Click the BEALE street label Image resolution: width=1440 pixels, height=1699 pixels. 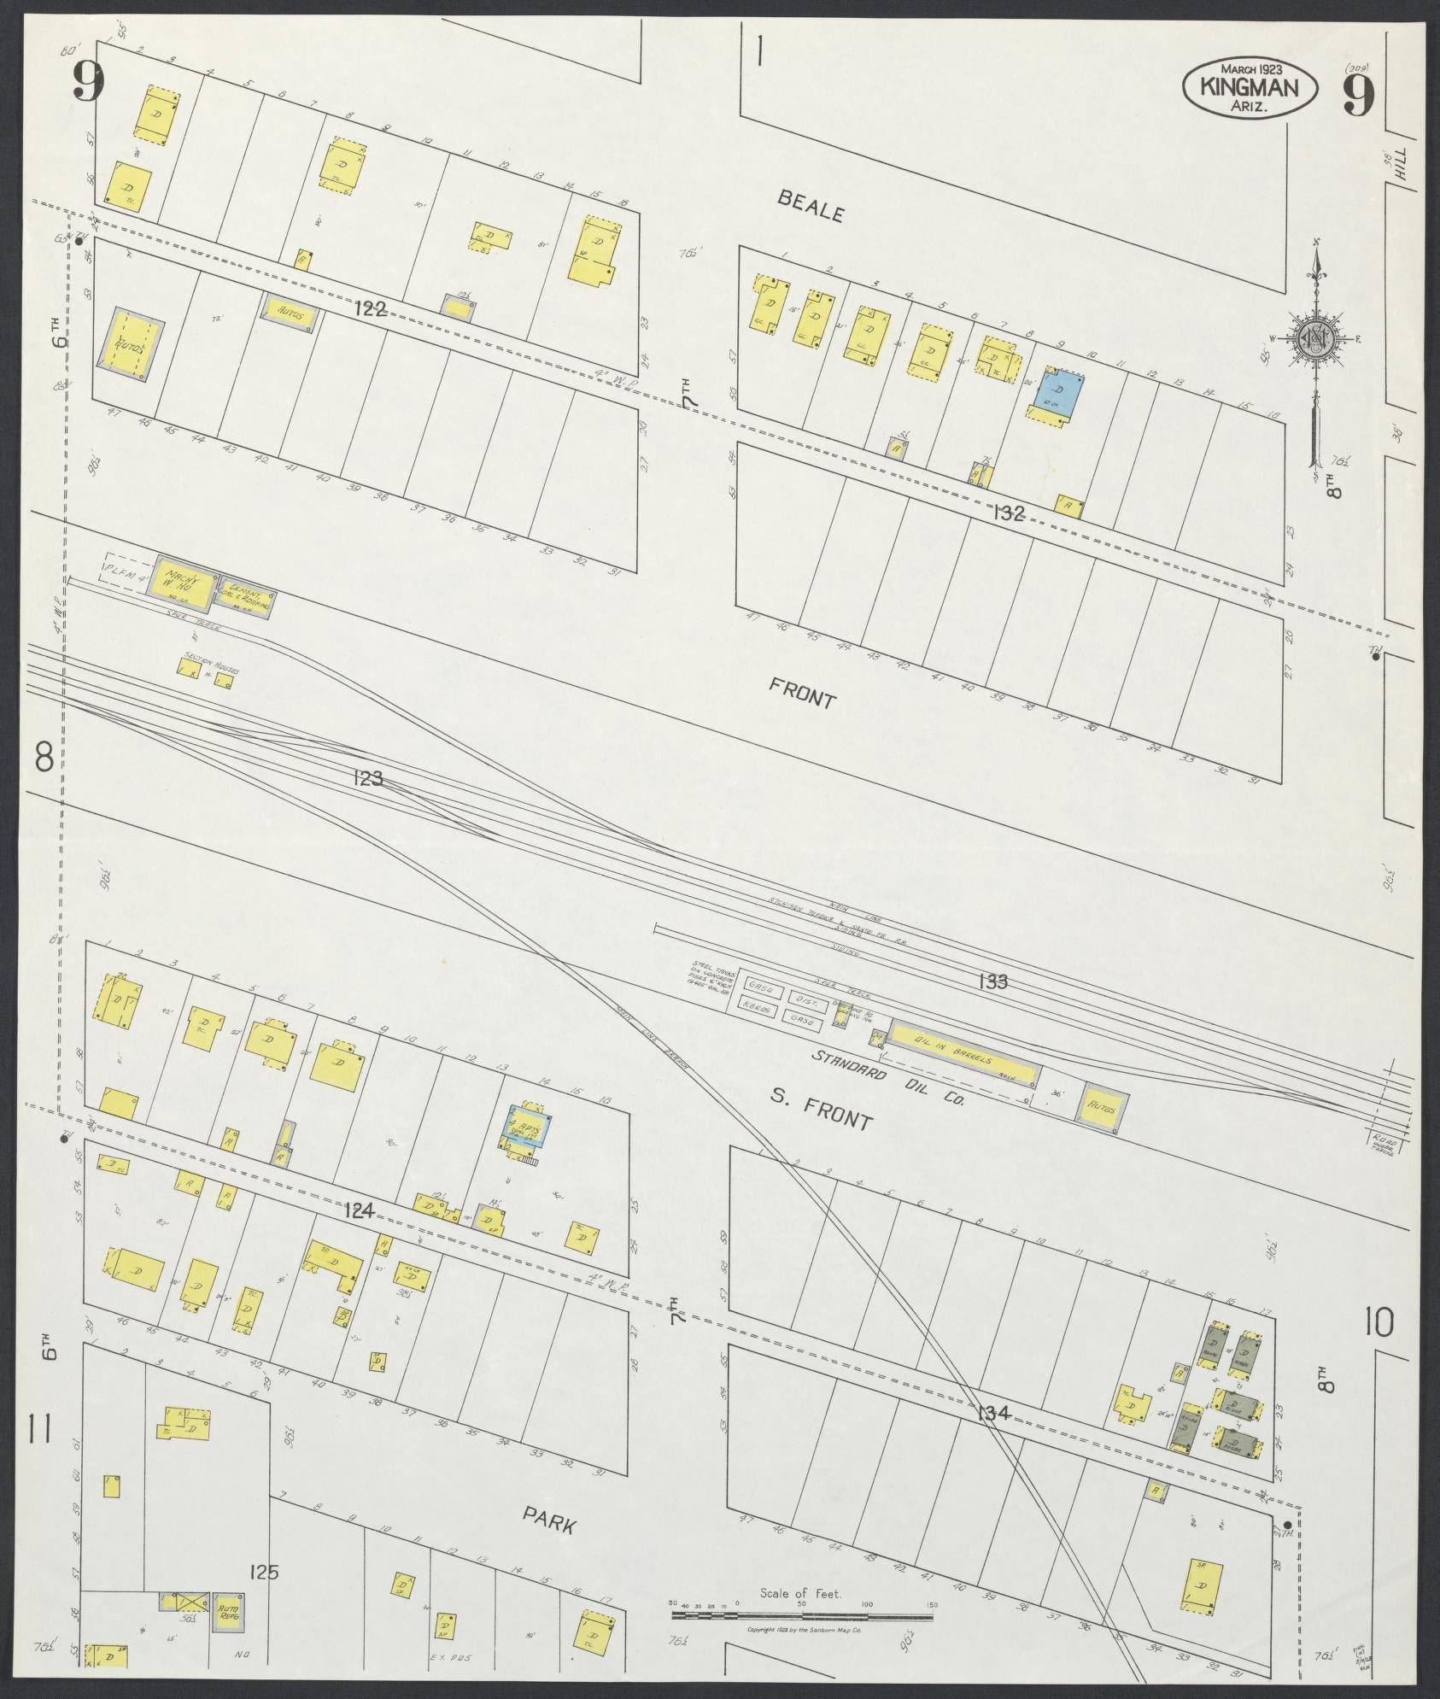pos(810,207)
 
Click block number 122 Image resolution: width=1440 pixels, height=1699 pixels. pos(371,311)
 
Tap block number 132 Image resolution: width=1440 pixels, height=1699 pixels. pos(1008,513)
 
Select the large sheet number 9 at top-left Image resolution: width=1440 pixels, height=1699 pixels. pos(88,82)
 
